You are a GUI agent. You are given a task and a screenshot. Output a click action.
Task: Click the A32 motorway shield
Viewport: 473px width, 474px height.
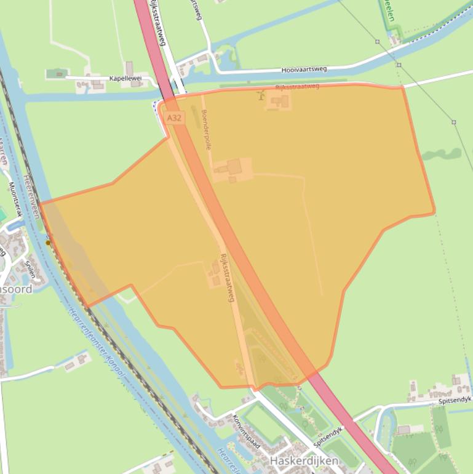tap(174, 118)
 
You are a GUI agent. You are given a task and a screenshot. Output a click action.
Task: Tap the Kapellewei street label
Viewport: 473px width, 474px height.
tap(125, 79)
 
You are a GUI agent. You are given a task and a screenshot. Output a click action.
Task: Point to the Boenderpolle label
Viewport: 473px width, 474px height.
tap(207, 130)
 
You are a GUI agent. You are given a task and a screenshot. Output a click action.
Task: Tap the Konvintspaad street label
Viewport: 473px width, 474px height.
tap(247, 431)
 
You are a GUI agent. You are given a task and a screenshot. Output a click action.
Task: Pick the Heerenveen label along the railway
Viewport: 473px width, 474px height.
tap(31, 196)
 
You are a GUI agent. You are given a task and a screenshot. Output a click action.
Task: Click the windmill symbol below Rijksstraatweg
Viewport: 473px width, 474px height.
tap(261, 95)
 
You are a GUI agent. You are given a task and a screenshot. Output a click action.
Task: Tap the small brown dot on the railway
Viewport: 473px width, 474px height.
tap(49, 243)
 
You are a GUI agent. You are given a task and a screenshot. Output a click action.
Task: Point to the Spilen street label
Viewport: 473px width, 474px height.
tap(29, 269)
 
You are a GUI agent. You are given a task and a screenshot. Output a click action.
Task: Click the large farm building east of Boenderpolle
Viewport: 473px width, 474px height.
tap(234, 166)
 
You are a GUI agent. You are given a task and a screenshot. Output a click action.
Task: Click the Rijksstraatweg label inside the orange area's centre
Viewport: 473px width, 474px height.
tap(228, 277)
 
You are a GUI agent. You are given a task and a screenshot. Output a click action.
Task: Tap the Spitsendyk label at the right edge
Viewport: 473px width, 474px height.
tap(455, 401)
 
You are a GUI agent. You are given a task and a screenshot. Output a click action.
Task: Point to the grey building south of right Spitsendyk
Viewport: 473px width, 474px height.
tap(403, 430)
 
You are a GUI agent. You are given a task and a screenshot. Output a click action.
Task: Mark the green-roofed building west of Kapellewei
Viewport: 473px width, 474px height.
tap(57, 74)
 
